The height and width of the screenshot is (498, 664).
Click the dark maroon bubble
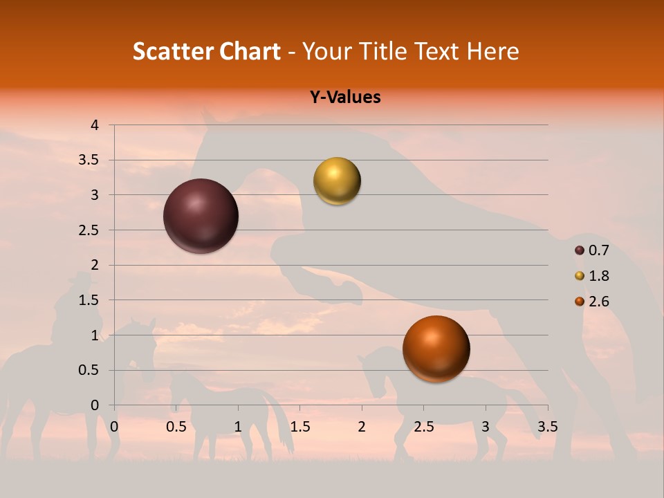coord(201,216)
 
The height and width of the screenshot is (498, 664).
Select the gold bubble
coord(337,181)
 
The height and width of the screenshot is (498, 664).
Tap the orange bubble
coord(436,349)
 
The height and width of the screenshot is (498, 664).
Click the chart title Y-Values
coord(345,98)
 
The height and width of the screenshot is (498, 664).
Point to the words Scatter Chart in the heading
coord(206,51)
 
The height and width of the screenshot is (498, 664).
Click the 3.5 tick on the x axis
coord(548,427)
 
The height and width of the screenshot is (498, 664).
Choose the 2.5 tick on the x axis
coord(423,427)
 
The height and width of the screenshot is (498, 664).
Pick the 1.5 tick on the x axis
coord(300,427)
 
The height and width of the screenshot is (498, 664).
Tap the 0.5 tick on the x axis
coord(176,427)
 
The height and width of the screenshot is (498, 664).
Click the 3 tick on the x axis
coord(486,427)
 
